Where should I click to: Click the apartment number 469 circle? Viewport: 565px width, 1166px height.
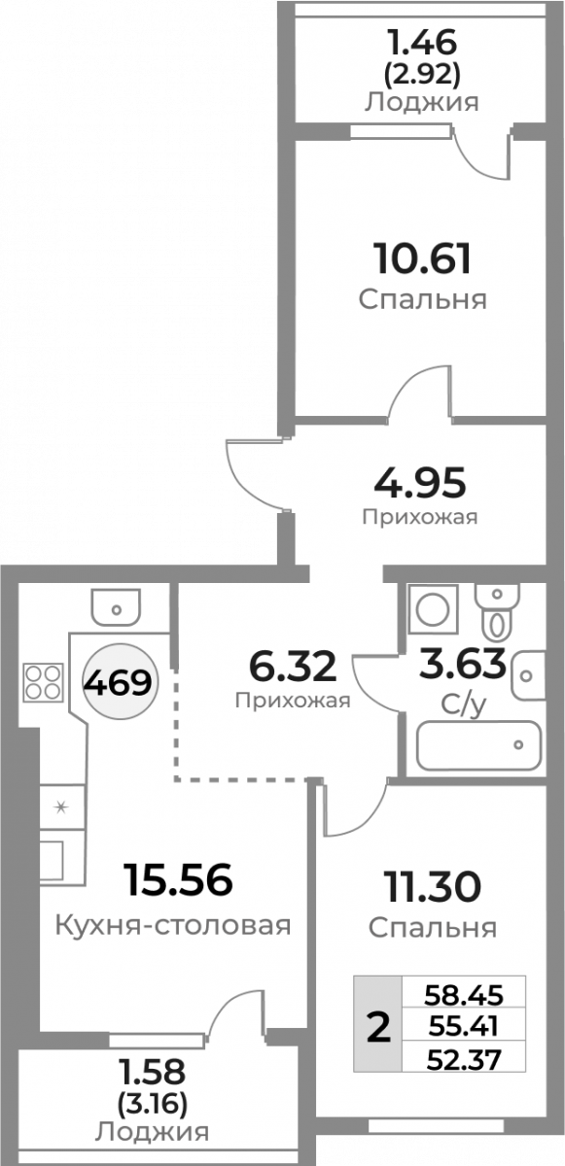click(x=120, y=682)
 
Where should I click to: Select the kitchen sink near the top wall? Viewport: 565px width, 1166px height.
click(x=116, y=607)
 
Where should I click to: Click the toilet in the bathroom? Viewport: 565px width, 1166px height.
click(x=497, y=611)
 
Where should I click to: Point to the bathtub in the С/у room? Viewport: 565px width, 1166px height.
click(x=479, y=745)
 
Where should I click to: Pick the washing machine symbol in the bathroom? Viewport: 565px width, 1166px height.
click(x=433, y=609)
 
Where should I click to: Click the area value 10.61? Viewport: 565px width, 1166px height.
click(x=422, y=258)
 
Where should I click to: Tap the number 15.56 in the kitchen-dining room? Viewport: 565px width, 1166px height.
click(x=178, y=878)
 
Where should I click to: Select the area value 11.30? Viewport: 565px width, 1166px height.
click(x=432, y=887)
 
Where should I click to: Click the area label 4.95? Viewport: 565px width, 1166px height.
click(x=420, y=483)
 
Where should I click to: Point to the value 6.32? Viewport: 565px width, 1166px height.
click(x=293, y=667)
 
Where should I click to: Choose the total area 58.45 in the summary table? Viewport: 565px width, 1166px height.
click(x=464, y=995)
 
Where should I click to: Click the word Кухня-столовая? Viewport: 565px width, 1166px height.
click(x=173, y=926)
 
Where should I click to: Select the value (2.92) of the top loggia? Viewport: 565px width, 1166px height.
click(x=422, y=76)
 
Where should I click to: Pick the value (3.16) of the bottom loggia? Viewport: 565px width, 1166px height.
click(x=153, y=1104)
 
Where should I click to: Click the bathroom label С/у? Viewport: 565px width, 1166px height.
click(x=464, y=704)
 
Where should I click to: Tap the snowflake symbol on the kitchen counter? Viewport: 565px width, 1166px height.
click(x=61, y=807)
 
